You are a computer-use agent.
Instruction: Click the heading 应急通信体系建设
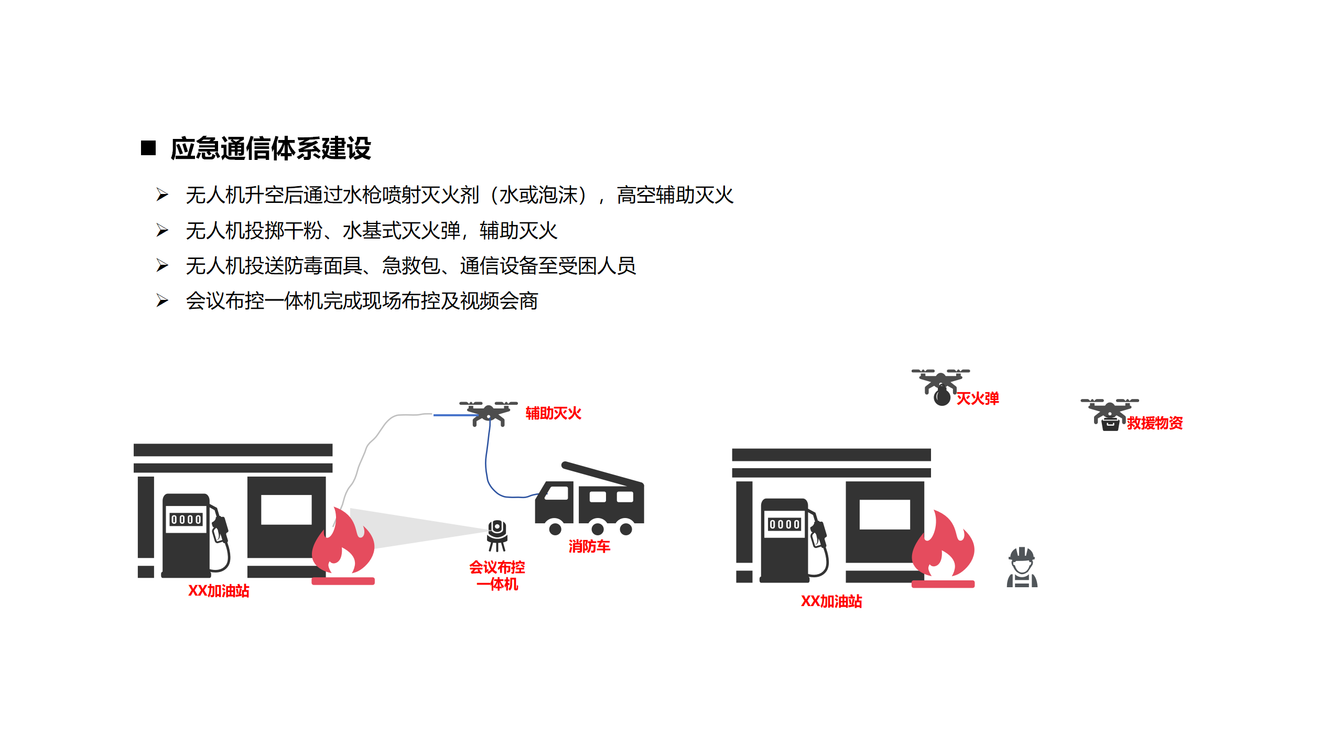[x=270, y=148]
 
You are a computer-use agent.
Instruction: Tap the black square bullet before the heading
[x=148, y=148]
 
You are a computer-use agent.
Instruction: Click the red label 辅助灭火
[x=553, y=413]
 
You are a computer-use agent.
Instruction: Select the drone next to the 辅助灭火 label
[x=489, y=413]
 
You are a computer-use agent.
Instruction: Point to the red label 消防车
[x=589, y=546]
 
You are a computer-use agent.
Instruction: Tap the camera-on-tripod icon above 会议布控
[x=497, y=535]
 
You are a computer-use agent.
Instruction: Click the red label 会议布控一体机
[x=497, y=575]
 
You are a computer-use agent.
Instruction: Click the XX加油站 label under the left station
[x=219, y=591]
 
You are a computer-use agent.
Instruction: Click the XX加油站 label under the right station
[x=831, y=601]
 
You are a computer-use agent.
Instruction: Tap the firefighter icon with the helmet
[x=1022, y=567]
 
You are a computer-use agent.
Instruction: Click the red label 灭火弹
[x=978, y=398]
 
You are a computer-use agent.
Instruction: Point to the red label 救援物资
[x=1155, y=423]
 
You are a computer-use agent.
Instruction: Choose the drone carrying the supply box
[x=1109, y=414]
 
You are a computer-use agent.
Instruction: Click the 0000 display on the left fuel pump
[x=186, y=520]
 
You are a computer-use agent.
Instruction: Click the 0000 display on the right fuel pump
[x=784, y=524]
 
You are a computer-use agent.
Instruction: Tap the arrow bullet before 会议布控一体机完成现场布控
[x=163, y=301]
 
